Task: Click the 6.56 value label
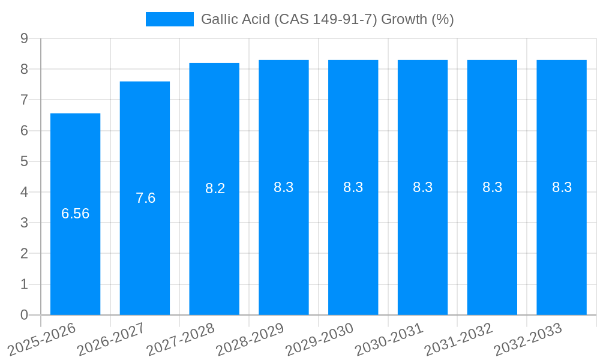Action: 75,214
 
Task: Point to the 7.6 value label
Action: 145,198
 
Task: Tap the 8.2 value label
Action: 215,188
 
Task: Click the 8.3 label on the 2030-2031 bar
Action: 422,187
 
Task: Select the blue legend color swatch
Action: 169,19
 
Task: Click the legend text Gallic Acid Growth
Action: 327,19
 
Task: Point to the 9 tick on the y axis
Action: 24,38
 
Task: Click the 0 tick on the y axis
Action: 24,315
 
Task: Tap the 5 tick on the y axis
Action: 24,161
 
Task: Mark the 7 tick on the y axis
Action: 24,100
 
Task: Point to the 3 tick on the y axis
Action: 24,223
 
